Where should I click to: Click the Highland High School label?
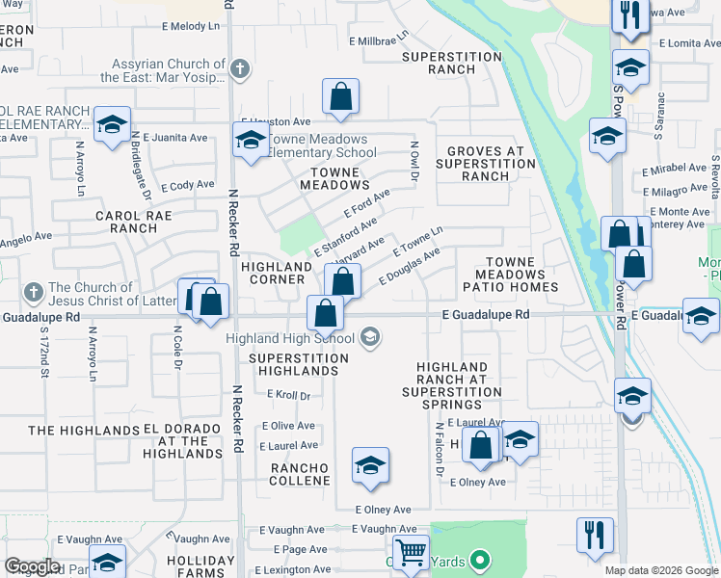coord(290,338)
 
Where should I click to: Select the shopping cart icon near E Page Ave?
coord(412,552)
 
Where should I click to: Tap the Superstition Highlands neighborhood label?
coord(298,364)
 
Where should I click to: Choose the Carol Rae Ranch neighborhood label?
coord(133,223)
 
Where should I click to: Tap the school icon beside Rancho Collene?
coord(370,466)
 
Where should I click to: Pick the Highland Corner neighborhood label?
coord(273,273)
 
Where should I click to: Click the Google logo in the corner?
coord(32,566)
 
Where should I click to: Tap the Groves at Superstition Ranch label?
coord(486,164)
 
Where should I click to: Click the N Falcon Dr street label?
coord(440,450)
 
